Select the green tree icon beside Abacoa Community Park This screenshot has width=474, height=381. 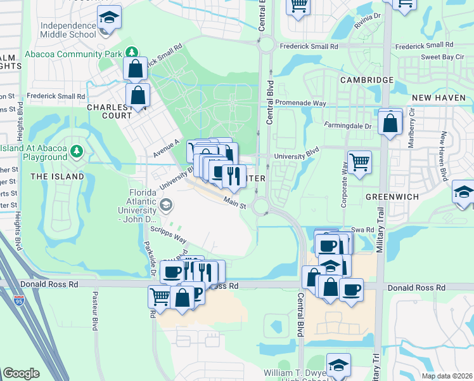pos(131,53)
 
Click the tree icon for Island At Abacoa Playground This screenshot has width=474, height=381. pos(77,151)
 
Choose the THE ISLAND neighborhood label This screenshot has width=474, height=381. pos(56,176)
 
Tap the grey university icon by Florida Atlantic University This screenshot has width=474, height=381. pos(166,204)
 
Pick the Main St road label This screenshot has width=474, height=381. pos(234,201)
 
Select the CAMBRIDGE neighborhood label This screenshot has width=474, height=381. pos(366,80)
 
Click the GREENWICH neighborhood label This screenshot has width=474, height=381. pos(392,197)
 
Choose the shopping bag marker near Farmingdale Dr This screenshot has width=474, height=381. pos(390,122)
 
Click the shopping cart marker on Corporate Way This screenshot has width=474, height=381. pos(359,162)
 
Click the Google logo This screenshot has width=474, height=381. pos(21,373)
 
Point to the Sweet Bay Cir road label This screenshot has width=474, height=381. pos(439,57)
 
